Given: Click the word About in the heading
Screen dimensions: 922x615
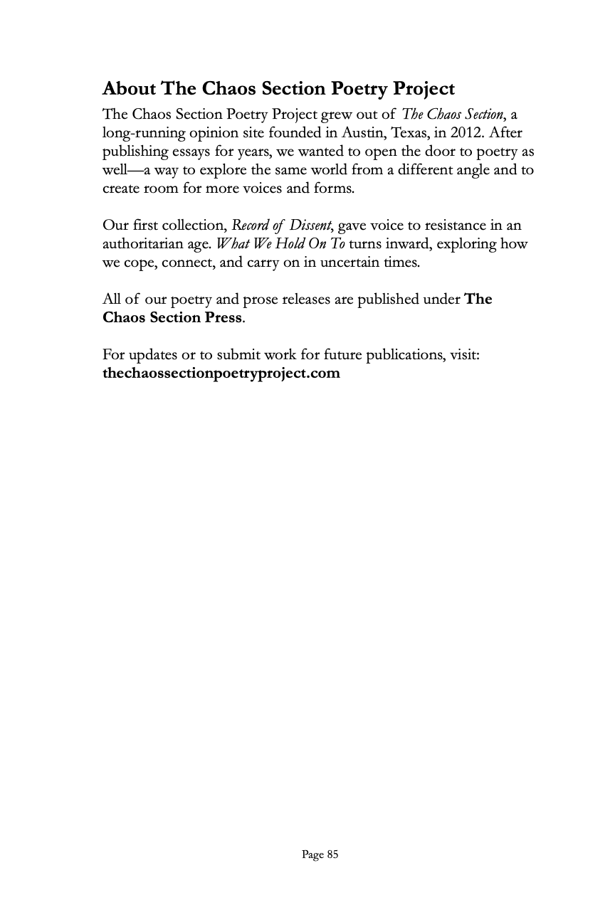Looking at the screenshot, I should click(130, 89).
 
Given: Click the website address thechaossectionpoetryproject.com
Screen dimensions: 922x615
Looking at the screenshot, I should click(221, 373).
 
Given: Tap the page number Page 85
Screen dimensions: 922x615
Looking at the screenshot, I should click(320, 854).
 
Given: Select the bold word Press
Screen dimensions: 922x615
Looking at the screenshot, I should click(224, 317).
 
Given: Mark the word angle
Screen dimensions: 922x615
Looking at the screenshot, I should click(468, 170).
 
